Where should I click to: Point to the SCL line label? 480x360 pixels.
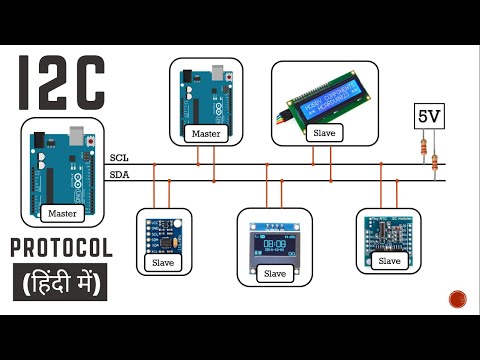[x=119, y=158]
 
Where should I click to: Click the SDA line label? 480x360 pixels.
[x=119, y=174]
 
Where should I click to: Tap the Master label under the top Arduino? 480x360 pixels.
[x=205, y=134]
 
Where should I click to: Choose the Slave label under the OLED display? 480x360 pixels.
[x=271, y=272]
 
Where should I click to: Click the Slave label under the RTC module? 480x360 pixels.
[x=389, y=261]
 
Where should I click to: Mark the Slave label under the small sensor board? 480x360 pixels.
[x=164, y=262]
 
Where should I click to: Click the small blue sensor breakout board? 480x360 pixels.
[x=164, y=232]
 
